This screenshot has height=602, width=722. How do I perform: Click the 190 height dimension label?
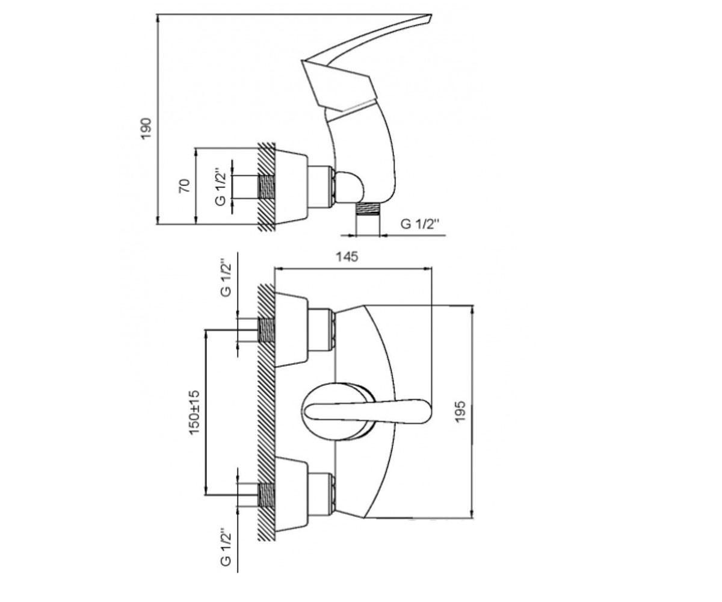[x=146, y=128]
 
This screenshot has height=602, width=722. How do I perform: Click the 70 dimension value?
[x=185, y=186]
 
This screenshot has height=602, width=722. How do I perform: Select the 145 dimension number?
[x=347, y=256]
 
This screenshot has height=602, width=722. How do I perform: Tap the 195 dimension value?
[x=460, y=411]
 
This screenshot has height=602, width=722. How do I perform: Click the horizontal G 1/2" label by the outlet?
[x=420, y=224]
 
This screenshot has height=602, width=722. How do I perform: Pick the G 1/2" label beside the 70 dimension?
[x=221, y=187]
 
